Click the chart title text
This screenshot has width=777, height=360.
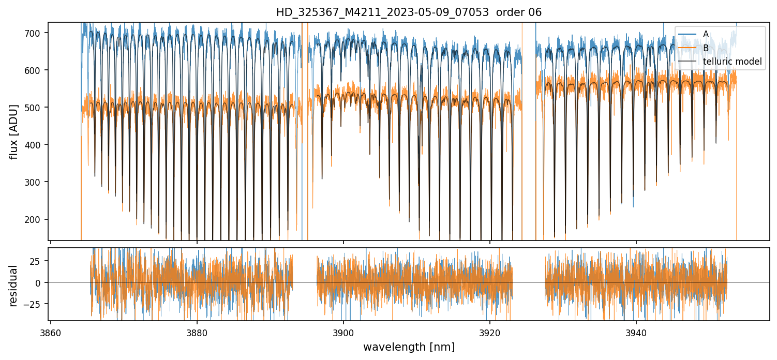coord(409,12)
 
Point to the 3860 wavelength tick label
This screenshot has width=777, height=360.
coord(50,332)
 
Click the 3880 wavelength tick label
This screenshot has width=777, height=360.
coord(197,332)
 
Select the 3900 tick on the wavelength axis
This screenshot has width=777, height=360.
coord(343,332)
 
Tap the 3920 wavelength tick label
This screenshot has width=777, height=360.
coord(489,332)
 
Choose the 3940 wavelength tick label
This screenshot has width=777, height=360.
coord(636,332)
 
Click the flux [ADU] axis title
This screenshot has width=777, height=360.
coord(14,131)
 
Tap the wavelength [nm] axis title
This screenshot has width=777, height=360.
coord(409,347)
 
